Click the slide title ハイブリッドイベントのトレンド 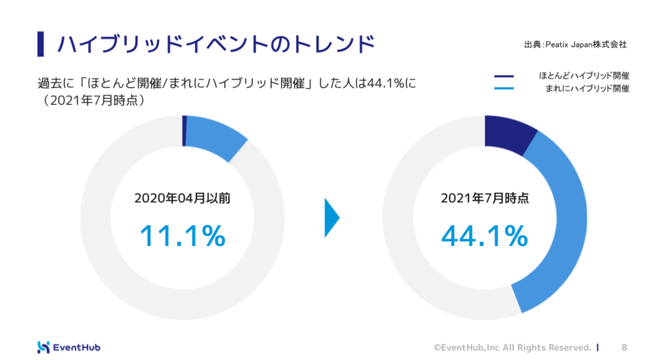[216, 44]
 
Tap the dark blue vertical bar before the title [41, 44]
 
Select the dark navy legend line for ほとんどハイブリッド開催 [504, 76]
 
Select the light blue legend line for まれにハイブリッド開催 [504, 88]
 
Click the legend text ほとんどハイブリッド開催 [584, 76]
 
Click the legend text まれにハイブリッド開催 [587, 89]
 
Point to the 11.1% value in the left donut [183, 236]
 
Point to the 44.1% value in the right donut [484, 236]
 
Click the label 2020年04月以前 [182, 198]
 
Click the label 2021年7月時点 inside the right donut [484, 198]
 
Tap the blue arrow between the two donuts [331, 218]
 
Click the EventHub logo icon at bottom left [44, 347]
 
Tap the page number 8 [624, 347]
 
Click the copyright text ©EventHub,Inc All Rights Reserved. [512, 347]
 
